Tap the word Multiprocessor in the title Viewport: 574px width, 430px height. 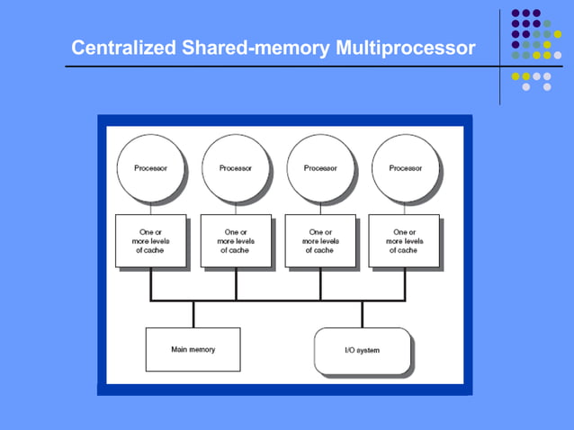[404, 47]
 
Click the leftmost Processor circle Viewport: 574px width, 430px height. [150, 167]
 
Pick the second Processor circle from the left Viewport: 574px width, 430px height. [236, 167]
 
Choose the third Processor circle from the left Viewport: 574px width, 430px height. [320, 167]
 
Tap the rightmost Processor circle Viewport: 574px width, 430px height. [405, 167]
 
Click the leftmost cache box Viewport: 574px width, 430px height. [150, 240]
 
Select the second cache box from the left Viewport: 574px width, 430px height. [236, 240]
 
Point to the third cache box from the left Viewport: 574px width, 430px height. [320, 240]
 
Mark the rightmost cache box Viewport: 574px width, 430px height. [405, 240]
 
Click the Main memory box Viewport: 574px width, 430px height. [193, 349]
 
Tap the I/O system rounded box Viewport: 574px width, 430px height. [363, 350]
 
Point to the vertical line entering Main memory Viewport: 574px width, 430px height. [193, 314]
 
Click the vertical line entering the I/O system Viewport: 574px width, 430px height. [363, 314]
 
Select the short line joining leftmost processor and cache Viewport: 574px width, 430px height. [150, 208]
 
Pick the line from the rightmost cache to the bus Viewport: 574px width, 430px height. [405, 283]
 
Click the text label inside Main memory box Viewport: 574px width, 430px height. [193, 349]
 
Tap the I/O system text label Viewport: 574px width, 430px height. [363, 350]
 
